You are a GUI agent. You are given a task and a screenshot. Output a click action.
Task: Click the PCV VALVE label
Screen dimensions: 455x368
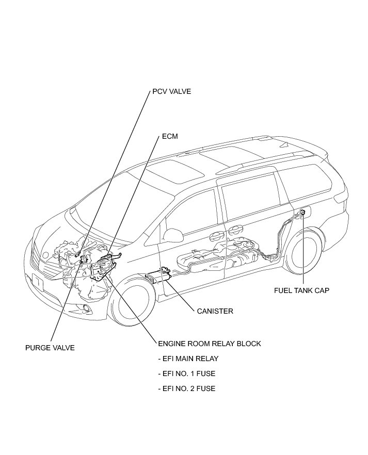171,92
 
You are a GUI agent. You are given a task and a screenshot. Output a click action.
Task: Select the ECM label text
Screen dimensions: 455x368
169,137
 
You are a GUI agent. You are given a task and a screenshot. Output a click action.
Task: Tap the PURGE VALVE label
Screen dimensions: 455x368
50,348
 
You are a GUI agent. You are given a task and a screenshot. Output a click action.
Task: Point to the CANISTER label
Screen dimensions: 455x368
215,311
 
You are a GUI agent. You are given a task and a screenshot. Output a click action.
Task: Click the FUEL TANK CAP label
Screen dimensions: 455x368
301,290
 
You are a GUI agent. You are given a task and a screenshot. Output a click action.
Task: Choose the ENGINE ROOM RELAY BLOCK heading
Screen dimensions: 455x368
210,344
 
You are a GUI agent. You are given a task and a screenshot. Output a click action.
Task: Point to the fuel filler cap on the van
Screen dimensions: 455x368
302,213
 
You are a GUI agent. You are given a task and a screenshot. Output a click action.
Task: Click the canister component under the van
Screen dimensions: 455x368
160,275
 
